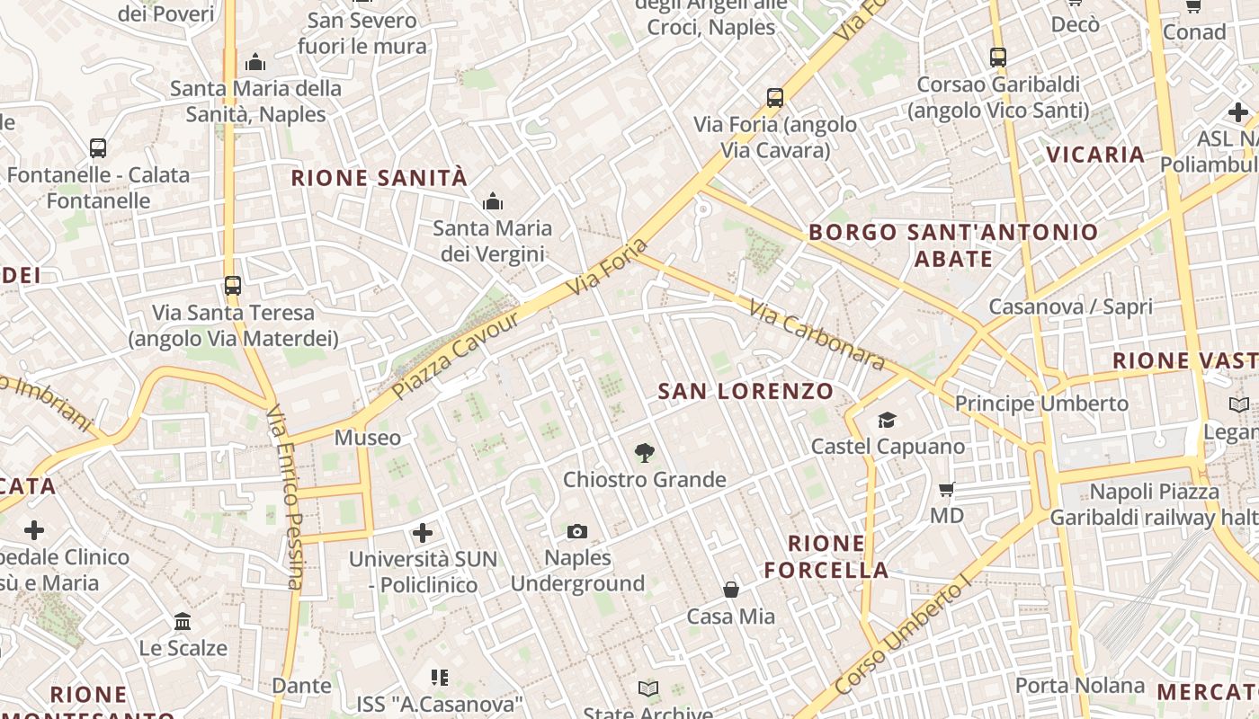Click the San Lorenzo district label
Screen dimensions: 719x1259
tap(746, 391)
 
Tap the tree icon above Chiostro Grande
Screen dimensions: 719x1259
tap(644, 453)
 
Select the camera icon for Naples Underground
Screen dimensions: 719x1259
tap(577, 532)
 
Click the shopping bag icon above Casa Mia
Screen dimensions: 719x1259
tap(731, 590)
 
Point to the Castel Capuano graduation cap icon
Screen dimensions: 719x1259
tap(887, 420)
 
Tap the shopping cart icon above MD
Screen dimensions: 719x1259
tap(946, 490)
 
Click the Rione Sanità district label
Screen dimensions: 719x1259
tap(379, 178)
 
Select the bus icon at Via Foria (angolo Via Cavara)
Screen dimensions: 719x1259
tap(774, 98)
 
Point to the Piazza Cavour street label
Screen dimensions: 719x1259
tap(456, 356)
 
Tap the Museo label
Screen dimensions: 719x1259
tap(367, 438)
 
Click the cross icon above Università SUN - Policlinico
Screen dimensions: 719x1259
tap(423, 533)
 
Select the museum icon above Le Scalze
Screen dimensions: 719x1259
tap(183, 621)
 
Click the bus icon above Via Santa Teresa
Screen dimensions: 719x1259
tap(233, 286)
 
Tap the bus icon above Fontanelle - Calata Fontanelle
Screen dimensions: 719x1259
tap(98, 148)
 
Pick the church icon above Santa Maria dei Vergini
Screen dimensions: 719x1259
tap(492, 202)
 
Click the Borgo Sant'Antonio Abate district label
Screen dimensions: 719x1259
tap(953, 245)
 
